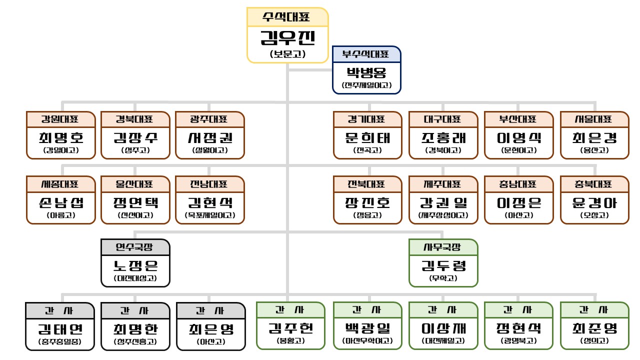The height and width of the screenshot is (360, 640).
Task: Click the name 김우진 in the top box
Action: (287, 38)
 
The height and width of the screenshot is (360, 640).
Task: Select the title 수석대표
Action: (287, 16)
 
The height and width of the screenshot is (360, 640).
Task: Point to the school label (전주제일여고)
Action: (367, 85)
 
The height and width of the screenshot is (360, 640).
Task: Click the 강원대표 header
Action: (60, 119)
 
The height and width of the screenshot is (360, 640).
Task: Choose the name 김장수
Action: (135, 137)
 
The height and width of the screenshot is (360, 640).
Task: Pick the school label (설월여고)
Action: (210, 150)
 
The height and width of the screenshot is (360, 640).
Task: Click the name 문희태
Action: (367, 137)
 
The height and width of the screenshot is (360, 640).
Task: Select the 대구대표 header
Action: (443, 119)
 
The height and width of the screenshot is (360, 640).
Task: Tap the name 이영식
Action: (518, 137)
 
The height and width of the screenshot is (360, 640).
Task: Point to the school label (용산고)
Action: (594, 150)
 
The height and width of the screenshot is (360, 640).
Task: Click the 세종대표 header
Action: (60, 184)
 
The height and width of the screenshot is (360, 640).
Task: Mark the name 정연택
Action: (135, 202)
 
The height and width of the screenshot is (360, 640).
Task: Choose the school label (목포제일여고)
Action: (210, 215)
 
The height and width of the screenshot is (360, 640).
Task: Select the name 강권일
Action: (443, 202)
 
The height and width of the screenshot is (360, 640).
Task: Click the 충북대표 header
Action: (594, 184)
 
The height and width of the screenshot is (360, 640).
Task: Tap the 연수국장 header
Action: (135, 247)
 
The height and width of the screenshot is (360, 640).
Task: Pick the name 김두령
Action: (443, 265)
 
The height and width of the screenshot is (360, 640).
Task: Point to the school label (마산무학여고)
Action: (367, 342)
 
